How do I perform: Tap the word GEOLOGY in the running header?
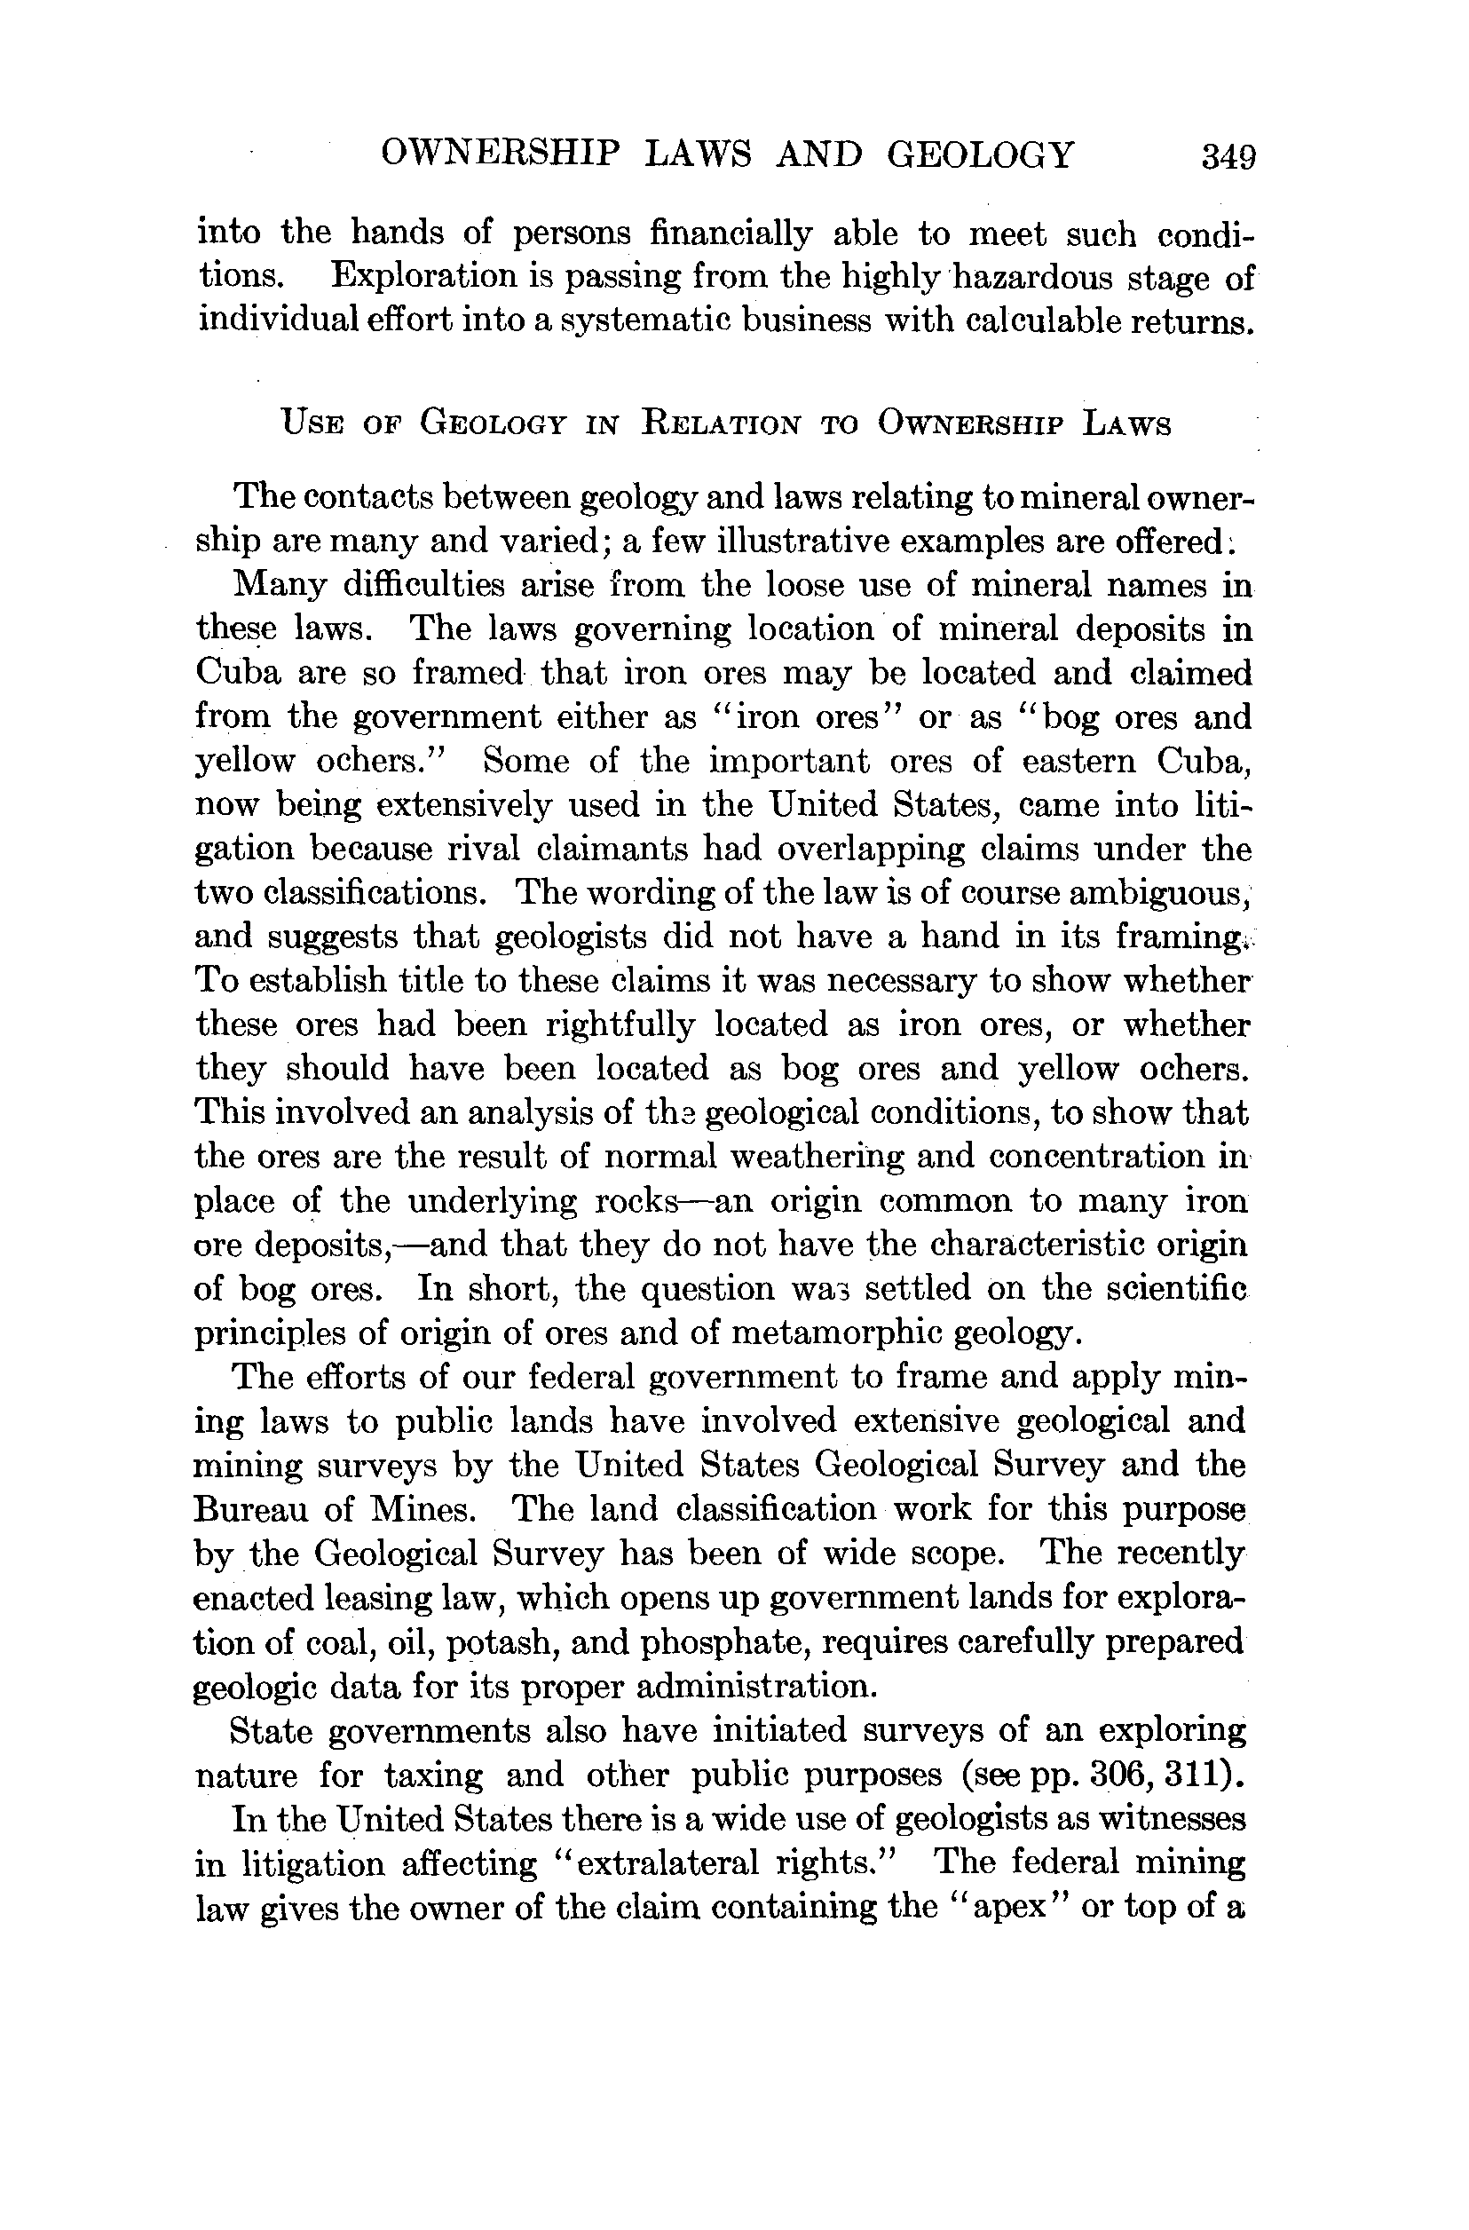[x=980, y=154]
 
